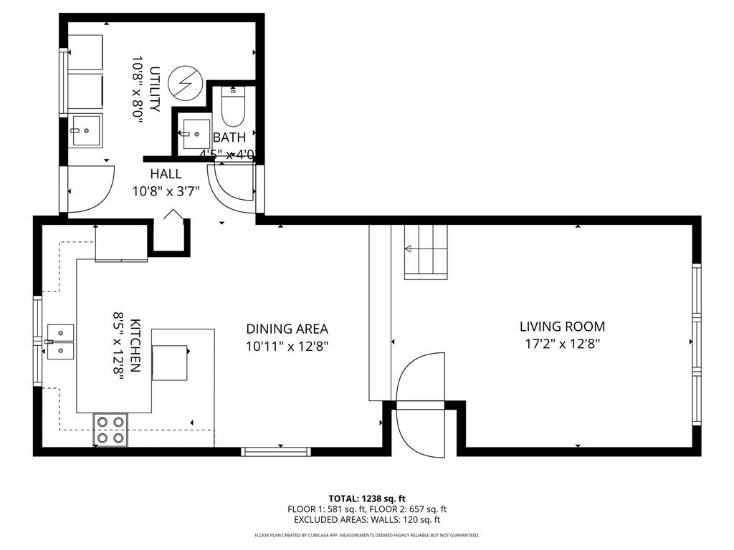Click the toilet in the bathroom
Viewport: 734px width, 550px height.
click(x=234, y=107)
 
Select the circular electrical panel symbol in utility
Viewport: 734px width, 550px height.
click(x=184, y=83)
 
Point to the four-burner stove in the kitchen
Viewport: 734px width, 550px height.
click(x=110, y=430)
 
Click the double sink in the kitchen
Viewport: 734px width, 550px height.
click(x=60, y=341)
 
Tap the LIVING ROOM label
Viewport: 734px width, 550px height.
click(x=562, y=327)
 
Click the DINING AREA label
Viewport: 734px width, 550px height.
click(x=287, y=329)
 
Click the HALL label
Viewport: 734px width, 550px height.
click(x=166, y=174)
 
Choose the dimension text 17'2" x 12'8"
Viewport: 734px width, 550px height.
click(x=562, y=344)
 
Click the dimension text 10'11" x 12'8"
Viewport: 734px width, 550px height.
click(x=287, y=347)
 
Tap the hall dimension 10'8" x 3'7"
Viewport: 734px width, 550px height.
click(x=166, y=191)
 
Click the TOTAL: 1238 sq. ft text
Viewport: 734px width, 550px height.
click(x=367, y=498)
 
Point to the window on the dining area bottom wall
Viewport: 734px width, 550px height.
click(x=275, y=452)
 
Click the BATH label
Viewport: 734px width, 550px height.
click(x=229, y=137)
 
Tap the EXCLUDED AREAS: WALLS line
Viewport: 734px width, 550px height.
click(x=367, y=520)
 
